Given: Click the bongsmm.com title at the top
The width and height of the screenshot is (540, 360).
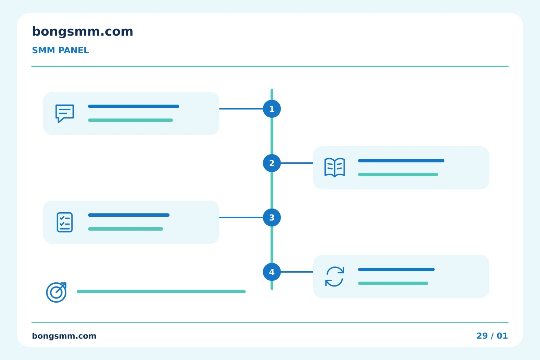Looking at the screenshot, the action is point(82,32).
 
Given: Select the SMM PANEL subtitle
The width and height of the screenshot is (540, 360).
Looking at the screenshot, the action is point(60,50).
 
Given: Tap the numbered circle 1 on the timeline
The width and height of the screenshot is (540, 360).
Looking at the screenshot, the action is point(271,109).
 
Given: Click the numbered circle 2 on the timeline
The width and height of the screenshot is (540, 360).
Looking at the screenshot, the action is point(271,163).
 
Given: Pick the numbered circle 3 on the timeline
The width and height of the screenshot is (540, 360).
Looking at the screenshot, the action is point(271,217).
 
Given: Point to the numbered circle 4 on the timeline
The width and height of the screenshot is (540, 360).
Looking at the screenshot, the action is point(271,272).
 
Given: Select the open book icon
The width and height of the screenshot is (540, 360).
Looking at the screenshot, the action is point(334,168).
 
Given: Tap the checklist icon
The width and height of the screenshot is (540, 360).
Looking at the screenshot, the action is point(64,222).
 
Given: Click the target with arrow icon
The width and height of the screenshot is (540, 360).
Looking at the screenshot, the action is point(56,292).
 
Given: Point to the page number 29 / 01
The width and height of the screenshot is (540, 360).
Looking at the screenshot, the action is point(492,336).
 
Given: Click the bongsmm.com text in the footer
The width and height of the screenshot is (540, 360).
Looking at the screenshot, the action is point(64,336).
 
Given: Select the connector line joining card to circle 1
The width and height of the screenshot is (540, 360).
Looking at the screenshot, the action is point(241,109).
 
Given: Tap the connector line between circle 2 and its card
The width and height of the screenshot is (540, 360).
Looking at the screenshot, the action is point(297,163).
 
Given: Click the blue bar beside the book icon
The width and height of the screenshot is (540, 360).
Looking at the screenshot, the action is point(401,161).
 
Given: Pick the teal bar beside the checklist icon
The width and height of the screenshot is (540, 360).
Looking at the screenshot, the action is point(126,229).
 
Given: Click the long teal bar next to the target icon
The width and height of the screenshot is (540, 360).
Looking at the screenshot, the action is point(161,291).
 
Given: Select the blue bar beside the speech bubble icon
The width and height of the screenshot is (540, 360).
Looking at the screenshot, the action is point(133,106).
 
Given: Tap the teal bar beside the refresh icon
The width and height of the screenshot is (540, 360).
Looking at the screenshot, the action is point(393,283).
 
